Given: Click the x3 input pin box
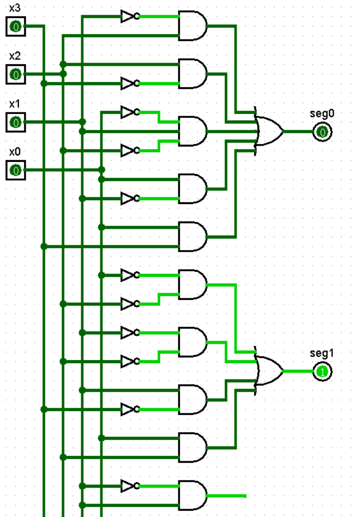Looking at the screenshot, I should [15, 27].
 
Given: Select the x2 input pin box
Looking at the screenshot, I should [15, 75].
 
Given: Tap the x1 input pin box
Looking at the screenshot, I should [15, 123].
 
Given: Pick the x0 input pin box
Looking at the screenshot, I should [15, 171].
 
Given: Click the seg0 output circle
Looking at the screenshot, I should [323, 132].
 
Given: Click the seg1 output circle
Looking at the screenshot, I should [323, 371].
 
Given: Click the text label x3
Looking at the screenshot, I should [15, 8].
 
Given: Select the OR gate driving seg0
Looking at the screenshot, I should [269, 132].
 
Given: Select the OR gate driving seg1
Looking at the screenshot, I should [269, 371].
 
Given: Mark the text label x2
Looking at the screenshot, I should [15, 56].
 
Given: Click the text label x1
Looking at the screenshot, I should [15, 104].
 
